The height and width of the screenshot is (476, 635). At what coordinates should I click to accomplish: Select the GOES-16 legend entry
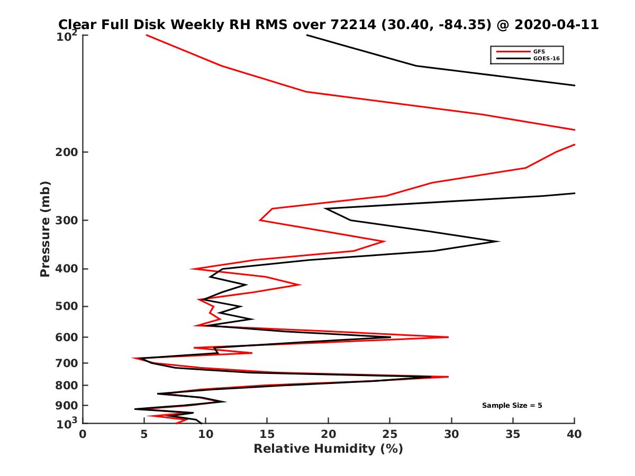[545, 58]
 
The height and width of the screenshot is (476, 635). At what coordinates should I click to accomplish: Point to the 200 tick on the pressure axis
[66, 152]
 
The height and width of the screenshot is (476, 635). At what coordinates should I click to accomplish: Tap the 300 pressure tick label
[66, 220]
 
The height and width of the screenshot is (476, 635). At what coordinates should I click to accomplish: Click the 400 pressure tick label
[66, 269]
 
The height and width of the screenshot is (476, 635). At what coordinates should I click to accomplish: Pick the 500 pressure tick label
[66, 306]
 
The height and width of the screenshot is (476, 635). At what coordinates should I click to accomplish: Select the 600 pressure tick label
[66, 337]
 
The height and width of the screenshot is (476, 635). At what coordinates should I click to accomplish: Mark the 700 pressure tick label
[66, 363]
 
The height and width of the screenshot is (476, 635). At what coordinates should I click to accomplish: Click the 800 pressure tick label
[66, 385]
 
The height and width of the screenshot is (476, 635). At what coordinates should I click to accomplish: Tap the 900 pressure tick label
[66, 405]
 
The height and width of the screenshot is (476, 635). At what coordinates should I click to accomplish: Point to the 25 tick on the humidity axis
[390, 434]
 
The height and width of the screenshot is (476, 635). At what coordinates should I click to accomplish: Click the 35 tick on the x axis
[513, 434]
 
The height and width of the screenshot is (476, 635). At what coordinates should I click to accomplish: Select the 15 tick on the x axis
[267, 434]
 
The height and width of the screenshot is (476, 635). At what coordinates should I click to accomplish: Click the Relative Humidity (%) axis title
[328, 449]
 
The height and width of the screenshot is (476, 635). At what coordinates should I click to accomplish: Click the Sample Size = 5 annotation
[512, 406]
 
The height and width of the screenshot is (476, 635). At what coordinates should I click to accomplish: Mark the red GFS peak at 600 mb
[448, 337]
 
